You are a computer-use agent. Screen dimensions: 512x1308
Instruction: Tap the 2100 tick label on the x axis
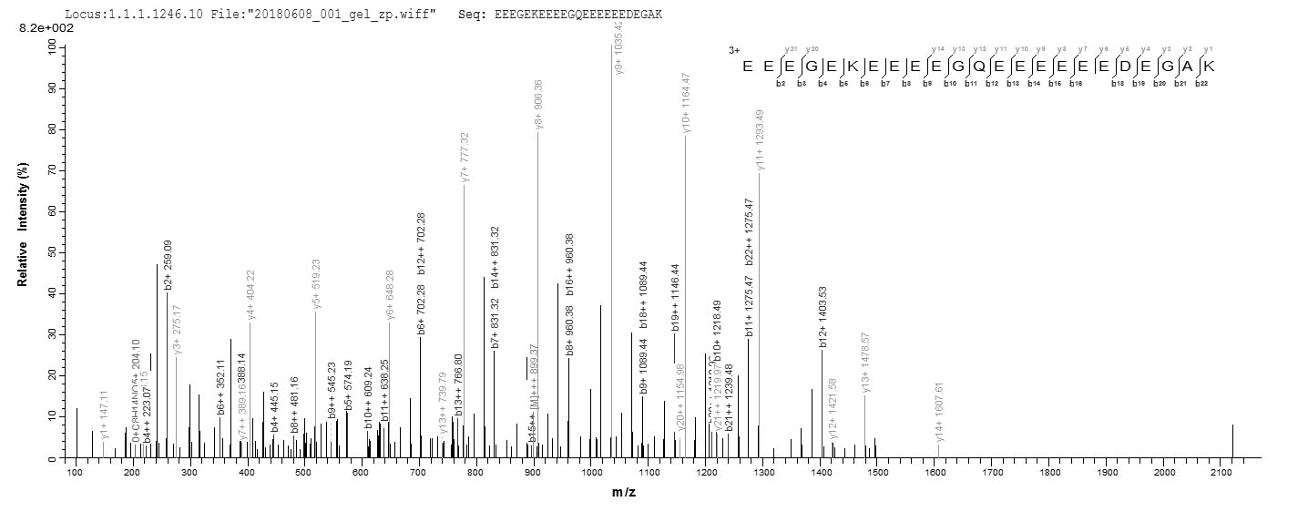[1221, 472]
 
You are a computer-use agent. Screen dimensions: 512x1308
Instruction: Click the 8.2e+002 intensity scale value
[40, 28]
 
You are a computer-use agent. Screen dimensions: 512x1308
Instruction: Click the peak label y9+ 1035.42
[620, 46]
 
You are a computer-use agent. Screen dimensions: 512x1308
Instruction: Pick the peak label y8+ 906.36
[539, 105]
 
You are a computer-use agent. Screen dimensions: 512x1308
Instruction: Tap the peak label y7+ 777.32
[465, 157]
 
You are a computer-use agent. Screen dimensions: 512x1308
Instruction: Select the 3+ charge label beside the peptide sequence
[734, 51]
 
